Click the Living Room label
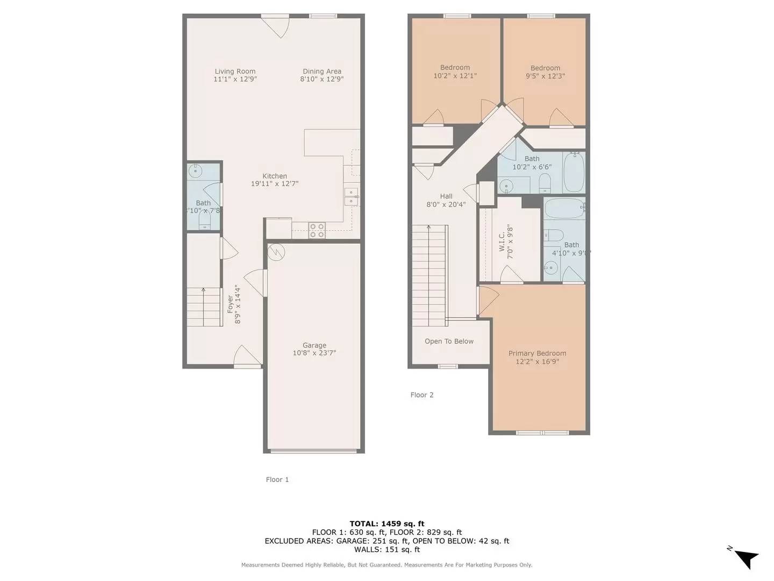[x=235, y=71]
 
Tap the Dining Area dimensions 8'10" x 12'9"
[x=321, y=79]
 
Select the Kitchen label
[x=274, y=176]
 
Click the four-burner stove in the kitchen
[x=317, y=231]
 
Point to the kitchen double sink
[x=352, y=197]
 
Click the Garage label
[x=314, y=345]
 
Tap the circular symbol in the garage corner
[x=276, y=252]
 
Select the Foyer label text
[x=231, y=304]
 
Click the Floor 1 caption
[x=277, y=479]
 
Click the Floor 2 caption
[x=421, y=395]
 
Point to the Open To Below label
[x=449, y=341]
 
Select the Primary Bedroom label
[x=537, y=353]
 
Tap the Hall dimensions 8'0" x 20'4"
[x=446, y=204]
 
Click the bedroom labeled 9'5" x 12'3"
[x=545, y=72]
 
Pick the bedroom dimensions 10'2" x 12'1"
[x=455, y=76]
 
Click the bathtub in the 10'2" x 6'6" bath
[x=574, y=173]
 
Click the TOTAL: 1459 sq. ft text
[x=386, y=523]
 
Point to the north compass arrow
[x=746, y=558]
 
